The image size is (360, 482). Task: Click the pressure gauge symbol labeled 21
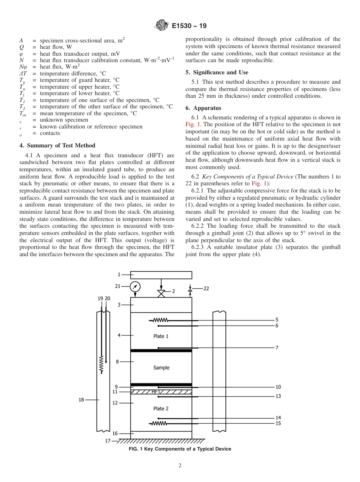pyautogui.click(x=135, y=287)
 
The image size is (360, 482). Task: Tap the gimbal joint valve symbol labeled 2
pyautogui.click(x=161, y=293)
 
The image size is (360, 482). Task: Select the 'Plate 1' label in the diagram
pyautogui.click(x=161, y=336)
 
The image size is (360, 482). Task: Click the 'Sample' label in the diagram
pyautogui.click(x=161, y=368)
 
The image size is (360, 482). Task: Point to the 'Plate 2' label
pyautogui.click(x=161, y=408)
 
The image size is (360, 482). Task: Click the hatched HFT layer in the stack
pyautogui.click(x=161, y=392)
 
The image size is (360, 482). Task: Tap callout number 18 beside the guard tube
pyautogui.click(x=81, y=399)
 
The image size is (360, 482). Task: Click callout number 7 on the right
pyautogui.click(x=277, y=348)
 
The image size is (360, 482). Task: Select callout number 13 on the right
pyautogui.click(x=278, y=396)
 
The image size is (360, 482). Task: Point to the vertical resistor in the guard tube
pyautogui.click(x=101, y=364)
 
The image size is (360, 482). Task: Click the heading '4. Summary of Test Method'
pyautogui.click(x=57, y=146)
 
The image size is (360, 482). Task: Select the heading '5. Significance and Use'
pyautogui.click(x=217, y=72)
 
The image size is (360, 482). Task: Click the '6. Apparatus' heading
pyautogui.click(x=203, y=108)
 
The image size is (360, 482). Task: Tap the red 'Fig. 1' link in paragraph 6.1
pyautogui.click(x=192, y=124)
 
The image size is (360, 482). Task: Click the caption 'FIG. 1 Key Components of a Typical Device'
pyautogui.click(x=180, y=449)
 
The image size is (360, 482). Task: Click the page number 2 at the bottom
pyautogui.click(x=180, y=466)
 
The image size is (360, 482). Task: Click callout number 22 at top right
pyautogui.click(x=206, y=288)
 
